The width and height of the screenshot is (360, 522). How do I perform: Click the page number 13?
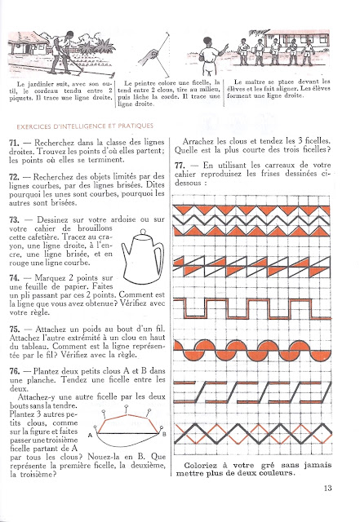tap(327, 488)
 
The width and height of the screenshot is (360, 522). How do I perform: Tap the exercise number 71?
tap(14, 143)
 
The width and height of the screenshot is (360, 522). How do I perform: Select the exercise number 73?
tap(14, 220)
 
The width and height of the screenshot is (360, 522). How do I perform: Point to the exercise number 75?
tap(15, 330)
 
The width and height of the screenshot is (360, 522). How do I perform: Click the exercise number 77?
tap(180, 166)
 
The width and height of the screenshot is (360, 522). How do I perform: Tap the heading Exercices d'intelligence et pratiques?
tap(85, 126)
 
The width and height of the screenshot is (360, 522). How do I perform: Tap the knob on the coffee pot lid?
tap(143, 232)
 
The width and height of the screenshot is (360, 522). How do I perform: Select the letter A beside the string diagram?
tap(90, 435)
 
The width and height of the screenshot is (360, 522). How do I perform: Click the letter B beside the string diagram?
tap(164, 434)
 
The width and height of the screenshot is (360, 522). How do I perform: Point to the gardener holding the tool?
tap(63, 52)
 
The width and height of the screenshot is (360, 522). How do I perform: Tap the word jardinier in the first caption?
tap(40, 84)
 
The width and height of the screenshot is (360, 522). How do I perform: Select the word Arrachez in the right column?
tap(198, 141)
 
